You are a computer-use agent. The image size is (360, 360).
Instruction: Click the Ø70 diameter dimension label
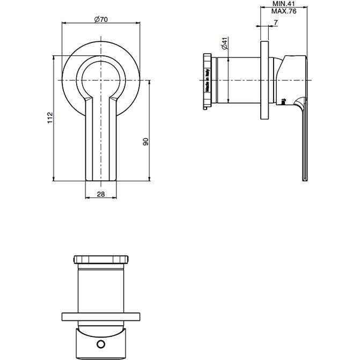[101, 19]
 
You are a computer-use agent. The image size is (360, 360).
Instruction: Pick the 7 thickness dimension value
[275, 23]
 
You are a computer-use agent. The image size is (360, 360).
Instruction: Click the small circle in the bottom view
[100, 344]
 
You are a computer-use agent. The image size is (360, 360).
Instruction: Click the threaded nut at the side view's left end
[207, 81]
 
